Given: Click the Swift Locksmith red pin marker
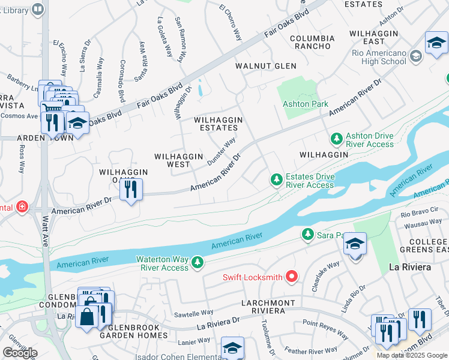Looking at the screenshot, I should point(292,276).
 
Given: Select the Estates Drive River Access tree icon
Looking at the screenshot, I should point(276,179).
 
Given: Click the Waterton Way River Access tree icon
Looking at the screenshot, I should point(196,262).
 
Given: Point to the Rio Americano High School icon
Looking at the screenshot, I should point(415,57).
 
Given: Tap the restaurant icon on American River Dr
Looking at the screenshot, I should point(130,190).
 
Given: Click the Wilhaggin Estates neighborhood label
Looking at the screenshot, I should point(218,124).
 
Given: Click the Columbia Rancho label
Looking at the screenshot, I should point(311,42).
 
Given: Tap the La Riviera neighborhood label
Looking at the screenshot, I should point(410,267).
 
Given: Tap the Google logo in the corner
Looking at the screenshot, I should point(20,352).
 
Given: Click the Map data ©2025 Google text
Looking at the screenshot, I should point(412,355).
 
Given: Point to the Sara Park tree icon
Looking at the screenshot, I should point(307,233).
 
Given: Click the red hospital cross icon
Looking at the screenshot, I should point(22,207).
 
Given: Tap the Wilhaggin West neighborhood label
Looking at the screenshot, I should point(179,160).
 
